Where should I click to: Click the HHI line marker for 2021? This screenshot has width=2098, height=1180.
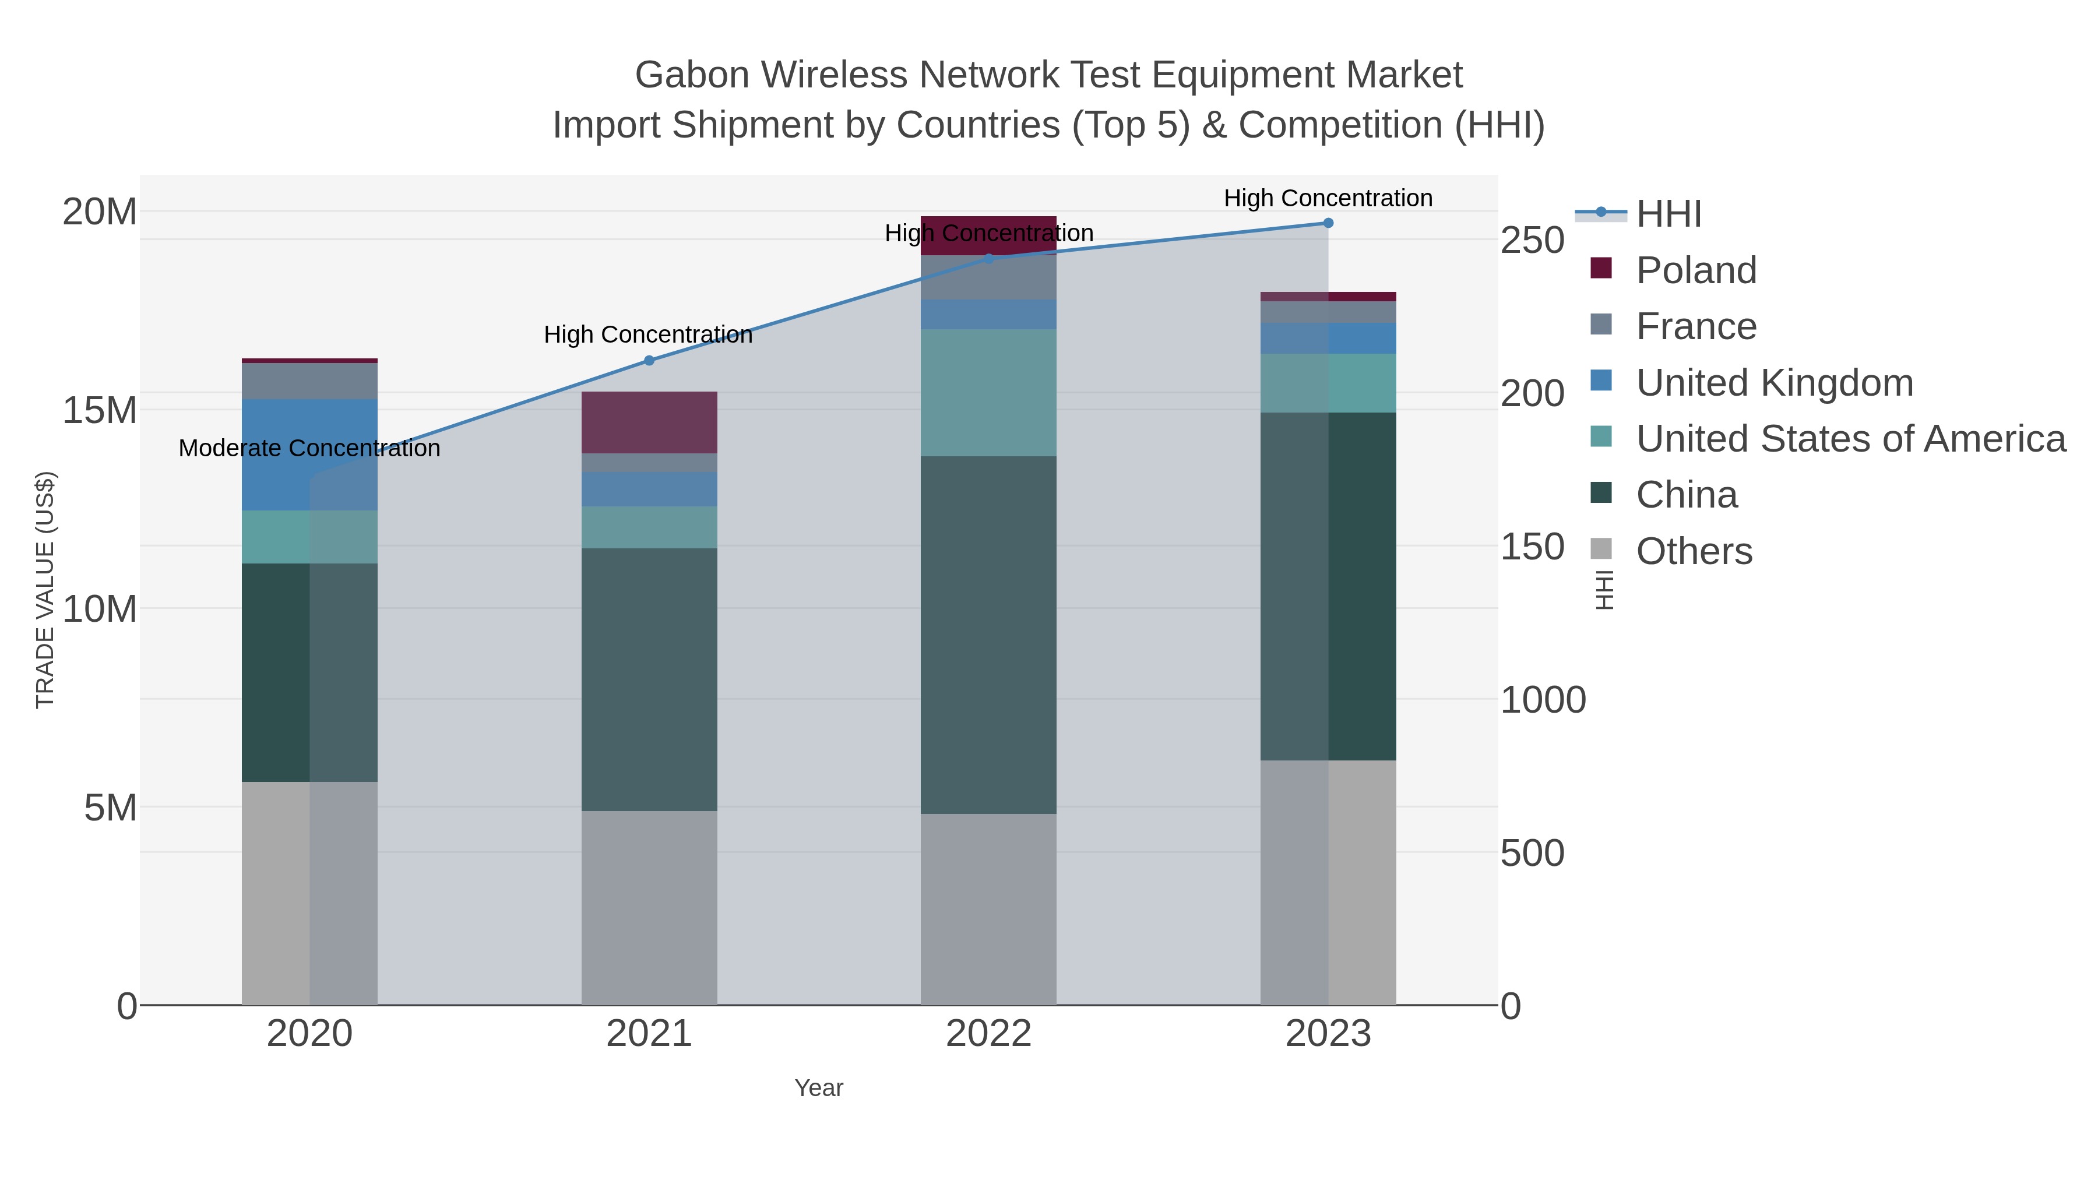[x=649, y=361]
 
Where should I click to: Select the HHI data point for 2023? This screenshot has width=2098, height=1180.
[x=1328, y=223]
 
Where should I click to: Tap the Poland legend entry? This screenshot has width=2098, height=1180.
[x=1696, y=270]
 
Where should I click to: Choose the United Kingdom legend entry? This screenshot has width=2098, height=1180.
[x=1774, y=383]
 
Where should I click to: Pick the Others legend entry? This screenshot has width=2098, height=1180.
[x=1693, y=551]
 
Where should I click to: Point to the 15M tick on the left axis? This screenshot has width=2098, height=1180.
[x=99, y=410]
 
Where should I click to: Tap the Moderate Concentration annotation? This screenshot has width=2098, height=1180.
[x=309, y=449]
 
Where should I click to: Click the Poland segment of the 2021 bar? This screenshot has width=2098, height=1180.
[x=649, y=422]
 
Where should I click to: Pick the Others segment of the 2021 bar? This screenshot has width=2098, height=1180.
[x=649, y=908]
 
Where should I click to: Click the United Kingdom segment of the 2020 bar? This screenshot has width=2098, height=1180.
[x=309, y=455]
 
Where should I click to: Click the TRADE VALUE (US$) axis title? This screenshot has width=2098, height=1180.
[x=45, y=590]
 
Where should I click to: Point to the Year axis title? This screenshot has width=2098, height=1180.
[x=819, y=1088]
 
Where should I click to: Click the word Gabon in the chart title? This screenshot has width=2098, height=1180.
[x=691, y=75]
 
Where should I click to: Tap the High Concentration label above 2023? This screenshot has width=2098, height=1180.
[x=1328, y=199]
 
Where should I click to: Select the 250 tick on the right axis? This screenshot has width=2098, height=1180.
[x=1531, y=241]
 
